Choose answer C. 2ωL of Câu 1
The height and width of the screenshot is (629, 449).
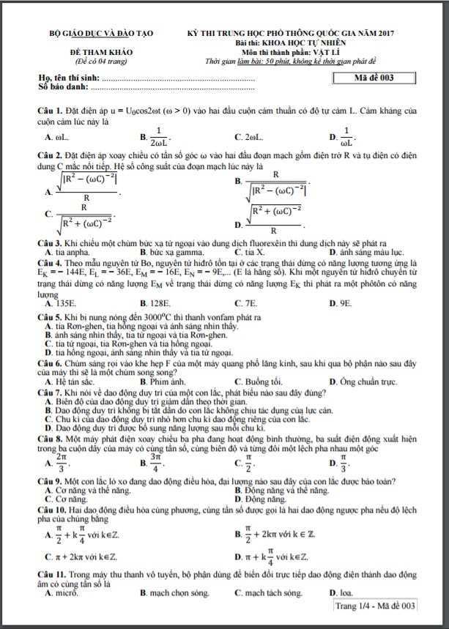click(x=250, y=137)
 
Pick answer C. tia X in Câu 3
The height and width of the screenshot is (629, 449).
click(x=250, y=252)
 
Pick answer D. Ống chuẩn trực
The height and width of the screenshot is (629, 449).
click(x=363, y=382)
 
